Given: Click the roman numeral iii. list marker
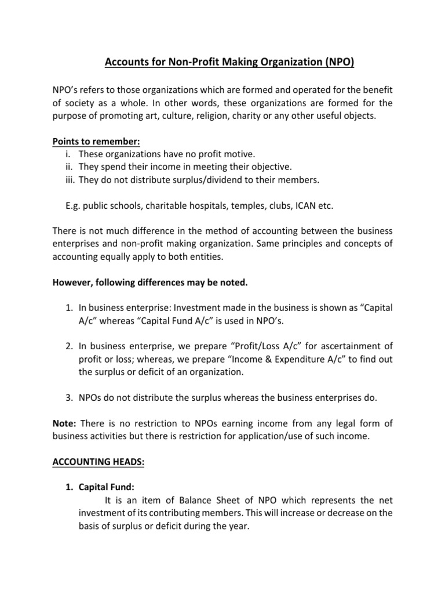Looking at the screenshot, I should pyautogui.click(x=70, y=180).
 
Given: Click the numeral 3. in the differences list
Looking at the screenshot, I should pyautogui.click(x=69, y=398).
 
